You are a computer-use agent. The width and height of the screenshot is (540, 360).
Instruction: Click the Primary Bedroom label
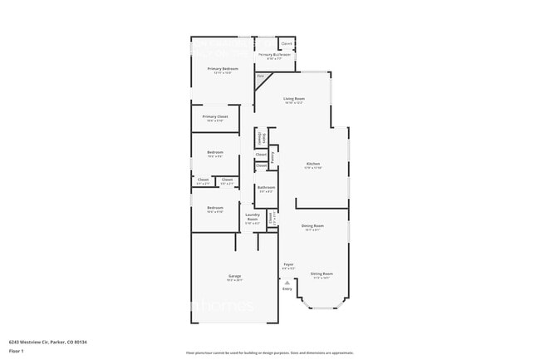click(x=222, y=69)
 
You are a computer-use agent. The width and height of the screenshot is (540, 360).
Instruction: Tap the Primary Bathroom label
click(x=273, y=56)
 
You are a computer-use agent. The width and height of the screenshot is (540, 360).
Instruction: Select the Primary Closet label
click(x=215, y=116)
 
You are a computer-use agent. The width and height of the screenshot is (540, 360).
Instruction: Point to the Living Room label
click(x=293, y=99)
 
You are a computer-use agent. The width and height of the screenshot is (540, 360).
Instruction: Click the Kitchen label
click(x=313, y=164)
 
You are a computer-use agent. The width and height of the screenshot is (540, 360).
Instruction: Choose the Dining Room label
click(x=312, y=226)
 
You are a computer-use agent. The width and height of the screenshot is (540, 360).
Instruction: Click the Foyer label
click(x=288, y=265)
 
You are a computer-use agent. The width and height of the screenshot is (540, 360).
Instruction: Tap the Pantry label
click(x=272, y=155)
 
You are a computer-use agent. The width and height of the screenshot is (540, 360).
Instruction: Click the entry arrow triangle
click(x=287, y=282)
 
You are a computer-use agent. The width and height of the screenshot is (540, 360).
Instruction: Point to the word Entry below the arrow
click(x=287, y=288)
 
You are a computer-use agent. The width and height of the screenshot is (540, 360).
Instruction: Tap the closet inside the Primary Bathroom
click(x=287, y=43)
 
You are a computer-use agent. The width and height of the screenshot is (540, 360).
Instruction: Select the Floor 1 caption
click(x=17, y=351)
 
